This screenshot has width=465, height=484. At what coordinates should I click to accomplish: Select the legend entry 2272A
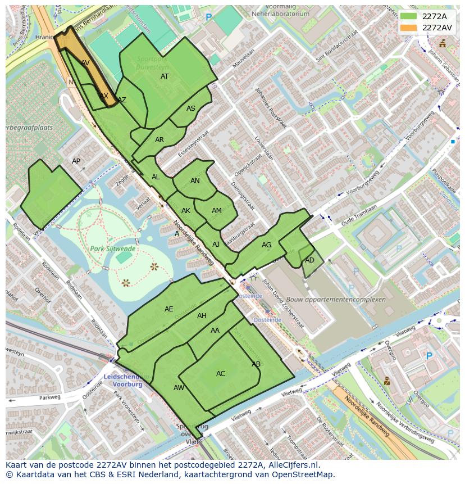434,17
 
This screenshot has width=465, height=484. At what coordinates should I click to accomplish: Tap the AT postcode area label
165,76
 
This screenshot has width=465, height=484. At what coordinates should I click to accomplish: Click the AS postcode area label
191,108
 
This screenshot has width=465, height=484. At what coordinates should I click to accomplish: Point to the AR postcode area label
159,140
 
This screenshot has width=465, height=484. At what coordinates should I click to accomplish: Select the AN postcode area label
195,181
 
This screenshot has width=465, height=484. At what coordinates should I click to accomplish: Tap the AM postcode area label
217,211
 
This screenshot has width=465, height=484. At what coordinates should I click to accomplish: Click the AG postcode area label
266,245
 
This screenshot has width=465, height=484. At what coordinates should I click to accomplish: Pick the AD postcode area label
309,260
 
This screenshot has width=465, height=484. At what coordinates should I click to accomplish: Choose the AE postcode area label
169,309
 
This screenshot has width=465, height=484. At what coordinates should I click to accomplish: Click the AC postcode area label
221,374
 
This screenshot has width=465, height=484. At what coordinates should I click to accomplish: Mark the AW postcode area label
179,388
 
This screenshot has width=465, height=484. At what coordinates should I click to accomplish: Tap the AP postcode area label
76,161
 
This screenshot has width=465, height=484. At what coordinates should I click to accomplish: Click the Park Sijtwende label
112,248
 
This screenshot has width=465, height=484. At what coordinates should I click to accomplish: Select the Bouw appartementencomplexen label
336,300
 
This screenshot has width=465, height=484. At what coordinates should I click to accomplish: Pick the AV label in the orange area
85,63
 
